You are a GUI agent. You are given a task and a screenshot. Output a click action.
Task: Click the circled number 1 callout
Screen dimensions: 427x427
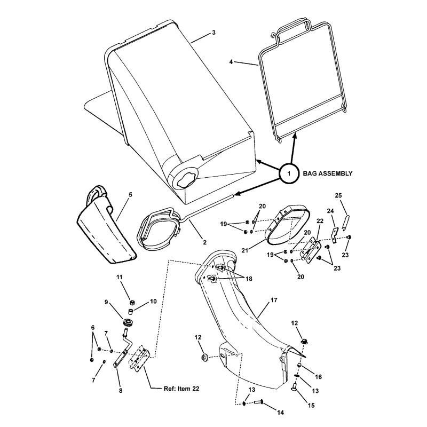click(x=289, y=173)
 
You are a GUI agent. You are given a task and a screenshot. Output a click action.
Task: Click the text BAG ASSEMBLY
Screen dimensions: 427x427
click(x=328, y=173)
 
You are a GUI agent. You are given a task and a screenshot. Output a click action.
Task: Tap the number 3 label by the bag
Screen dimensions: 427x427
click(x=213, y=33)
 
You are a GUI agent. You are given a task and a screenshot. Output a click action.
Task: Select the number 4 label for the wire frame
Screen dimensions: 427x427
click(x=231, y=62)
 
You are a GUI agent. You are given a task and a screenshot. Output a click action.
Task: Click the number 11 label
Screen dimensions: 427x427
click(x=120, y=276)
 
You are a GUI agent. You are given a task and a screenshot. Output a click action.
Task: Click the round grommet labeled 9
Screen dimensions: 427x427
click(x=128, y=323)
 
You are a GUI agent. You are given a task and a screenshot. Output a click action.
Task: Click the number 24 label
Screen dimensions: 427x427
click(x=330, y=210)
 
